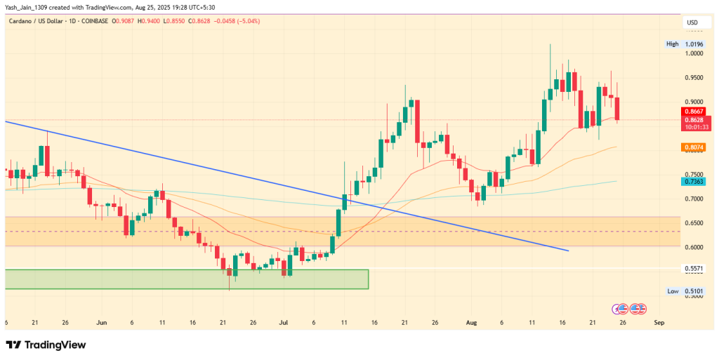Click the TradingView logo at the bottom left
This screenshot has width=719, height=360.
point(46,345)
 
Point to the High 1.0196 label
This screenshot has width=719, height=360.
point(685,44)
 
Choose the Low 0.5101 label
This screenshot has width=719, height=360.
point(685,291)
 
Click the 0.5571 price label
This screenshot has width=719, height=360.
point(693,268)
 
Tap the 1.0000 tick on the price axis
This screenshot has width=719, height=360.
point(693,53)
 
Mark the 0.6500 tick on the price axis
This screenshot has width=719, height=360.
point(693,223)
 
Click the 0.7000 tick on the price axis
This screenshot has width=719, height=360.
point(693,199)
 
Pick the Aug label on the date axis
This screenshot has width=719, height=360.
point(472,322)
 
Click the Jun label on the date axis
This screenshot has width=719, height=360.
point(102,322)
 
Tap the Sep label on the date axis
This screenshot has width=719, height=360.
point(658,322)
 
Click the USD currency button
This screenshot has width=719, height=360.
point(692,23)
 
